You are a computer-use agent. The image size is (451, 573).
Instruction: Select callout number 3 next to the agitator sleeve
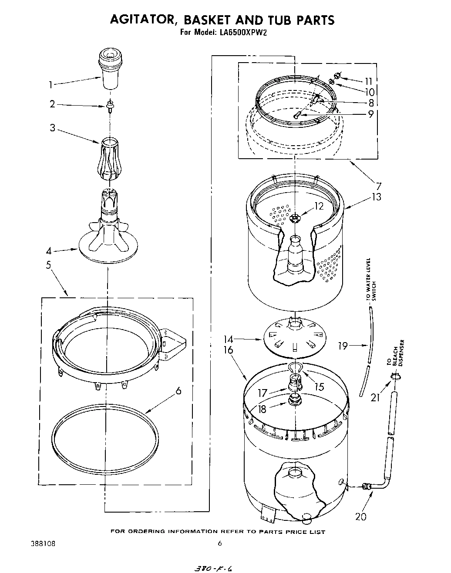[52, 129]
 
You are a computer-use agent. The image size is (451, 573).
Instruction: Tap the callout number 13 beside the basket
[377, 197]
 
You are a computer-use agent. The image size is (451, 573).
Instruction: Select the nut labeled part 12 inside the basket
[295, 218]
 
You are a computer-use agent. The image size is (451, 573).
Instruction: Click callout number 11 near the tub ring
[369, 80]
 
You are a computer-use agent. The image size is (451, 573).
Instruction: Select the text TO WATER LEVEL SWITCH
[371, 280]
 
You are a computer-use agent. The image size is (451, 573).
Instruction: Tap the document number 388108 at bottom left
[43, 543]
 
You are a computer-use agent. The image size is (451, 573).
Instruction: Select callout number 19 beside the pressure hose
[343, 346]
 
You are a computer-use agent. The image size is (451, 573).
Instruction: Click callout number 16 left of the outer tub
[229, 350]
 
